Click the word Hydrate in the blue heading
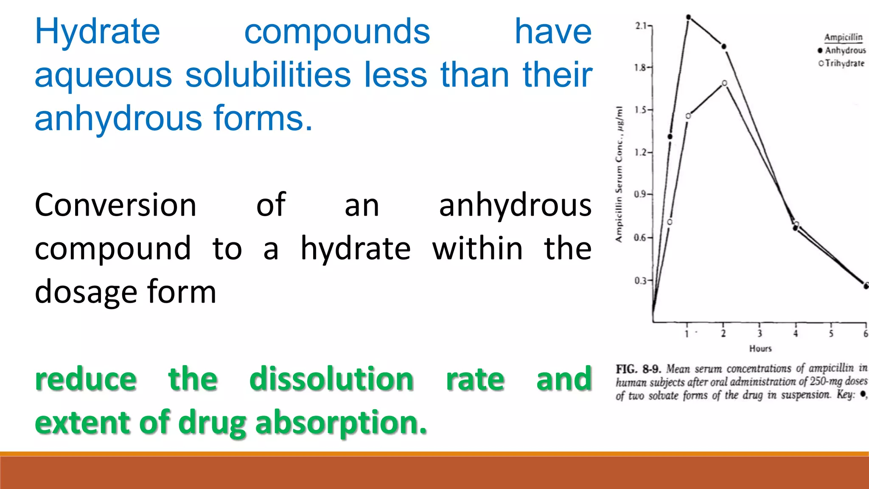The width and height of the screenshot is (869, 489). (97, 32)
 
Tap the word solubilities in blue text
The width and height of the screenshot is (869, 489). (268, 75)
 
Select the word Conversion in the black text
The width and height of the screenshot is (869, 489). (115, 205)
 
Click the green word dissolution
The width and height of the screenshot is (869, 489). (331, 379)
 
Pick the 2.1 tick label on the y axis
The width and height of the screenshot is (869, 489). (641, 26)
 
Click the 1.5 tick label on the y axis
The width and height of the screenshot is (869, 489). (641, 110)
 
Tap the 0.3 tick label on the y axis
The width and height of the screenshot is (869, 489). (641, 281)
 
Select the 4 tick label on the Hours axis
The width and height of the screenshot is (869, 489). (796, 334)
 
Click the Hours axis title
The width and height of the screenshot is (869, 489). (760, 348)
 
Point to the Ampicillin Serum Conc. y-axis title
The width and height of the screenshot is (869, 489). (620, 174)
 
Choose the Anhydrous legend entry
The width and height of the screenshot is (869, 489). (845, 51)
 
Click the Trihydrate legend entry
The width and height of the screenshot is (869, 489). (844, 63)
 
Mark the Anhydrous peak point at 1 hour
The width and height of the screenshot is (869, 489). (689, 17)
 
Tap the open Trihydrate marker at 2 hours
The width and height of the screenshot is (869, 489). (725, 83)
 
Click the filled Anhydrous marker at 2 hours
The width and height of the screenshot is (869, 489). (724, 46)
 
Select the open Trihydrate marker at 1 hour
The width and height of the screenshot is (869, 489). (688, 116)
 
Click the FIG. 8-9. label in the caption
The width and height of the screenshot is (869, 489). (639, 368)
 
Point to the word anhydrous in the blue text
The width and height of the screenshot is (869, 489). (118, 118)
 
